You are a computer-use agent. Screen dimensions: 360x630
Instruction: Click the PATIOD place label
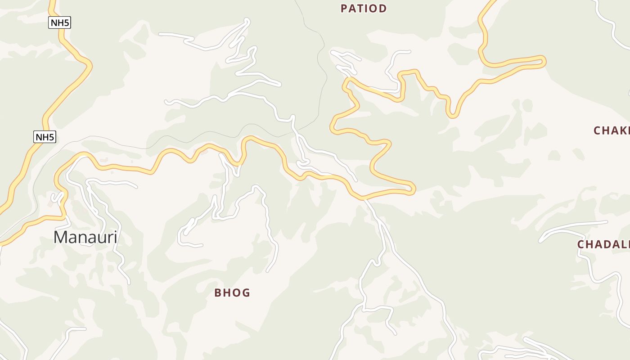tap(364, 9)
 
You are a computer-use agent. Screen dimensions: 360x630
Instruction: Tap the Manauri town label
tap(85, 237)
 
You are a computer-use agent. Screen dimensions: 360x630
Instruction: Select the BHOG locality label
tap(232, 293)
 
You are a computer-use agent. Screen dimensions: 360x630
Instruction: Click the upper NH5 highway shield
tap(59, 22)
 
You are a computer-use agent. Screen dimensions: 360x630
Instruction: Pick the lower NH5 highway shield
tap(45, 137)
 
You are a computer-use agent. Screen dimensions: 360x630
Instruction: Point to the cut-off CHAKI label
tap(611, 130)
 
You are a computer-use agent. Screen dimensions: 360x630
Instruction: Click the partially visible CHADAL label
tap(603, 244)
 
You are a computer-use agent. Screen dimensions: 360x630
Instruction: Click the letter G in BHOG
tap(246, 293)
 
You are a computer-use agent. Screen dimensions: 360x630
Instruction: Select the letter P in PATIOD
tap(344, 9)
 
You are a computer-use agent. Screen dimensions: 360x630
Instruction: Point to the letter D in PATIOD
tap(383, 9)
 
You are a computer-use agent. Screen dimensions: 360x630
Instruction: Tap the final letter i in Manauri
tap(115, 237)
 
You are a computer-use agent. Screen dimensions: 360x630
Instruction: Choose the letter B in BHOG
tap(218, 293)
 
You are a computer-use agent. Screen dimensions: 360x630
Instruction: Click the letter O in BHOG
tap(236, 293)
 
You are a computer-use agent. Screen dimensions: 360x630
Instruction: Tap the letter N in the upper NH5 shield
tap(54, 22)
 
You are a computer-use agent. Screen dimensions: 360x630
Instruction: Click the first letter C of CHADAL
tap(581, 244)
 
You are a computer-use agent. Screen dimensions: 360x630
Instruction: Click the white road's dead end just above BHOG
tap(267, 271)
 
